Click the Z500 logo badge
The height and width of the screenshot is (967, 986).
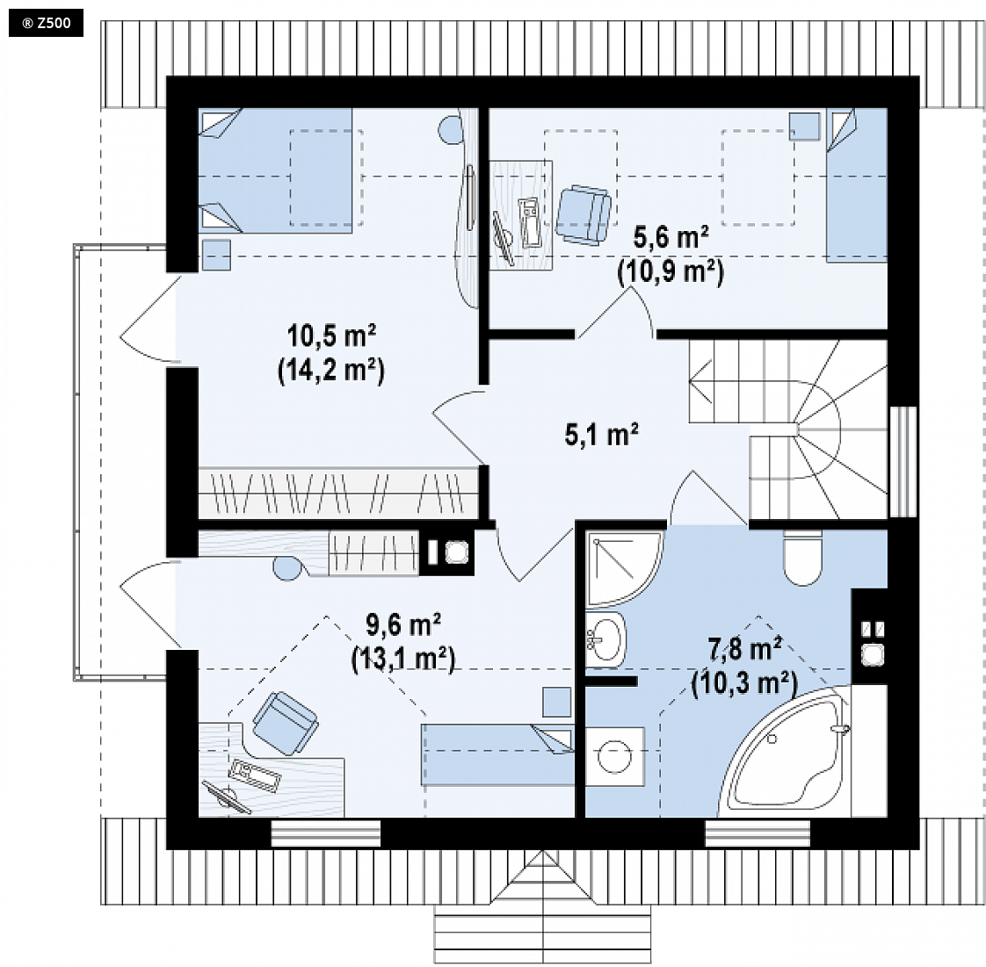click(46, 24)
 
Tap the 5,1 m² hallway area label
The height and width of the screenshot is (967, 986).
click(602, 435)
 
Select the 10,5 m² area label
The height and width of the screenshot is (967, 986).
click(331, 336)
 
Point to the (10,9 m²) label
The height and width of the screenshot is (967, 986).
click(671, 272)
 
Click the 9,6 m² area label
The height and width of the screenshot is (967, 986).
click(403, 625)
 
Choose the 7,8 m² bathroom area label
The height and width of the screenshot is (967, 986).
click(745, 649)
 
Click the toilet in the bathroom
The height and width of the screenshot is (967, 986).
click(803, 558)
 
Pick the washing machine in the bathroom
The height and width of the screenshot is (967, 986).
click(615, 756)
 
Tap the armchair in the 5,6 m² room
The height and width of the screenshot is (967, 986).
click(584, 214)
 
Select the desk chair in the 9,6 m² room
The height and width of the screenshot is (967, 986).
click(285, 723)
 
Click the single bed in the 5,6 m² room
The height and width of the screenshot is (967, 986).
click(857, 184)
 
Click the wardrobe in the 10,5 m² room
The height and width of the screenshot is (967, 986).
click(338, 493)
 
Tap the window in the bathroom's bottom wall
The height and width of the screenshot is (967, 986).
click(758, 833)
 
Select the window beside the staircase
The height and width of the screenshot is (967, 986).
click(903, 462)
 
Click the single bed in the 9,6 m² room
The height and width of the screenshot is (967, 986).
click(497, 754)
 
